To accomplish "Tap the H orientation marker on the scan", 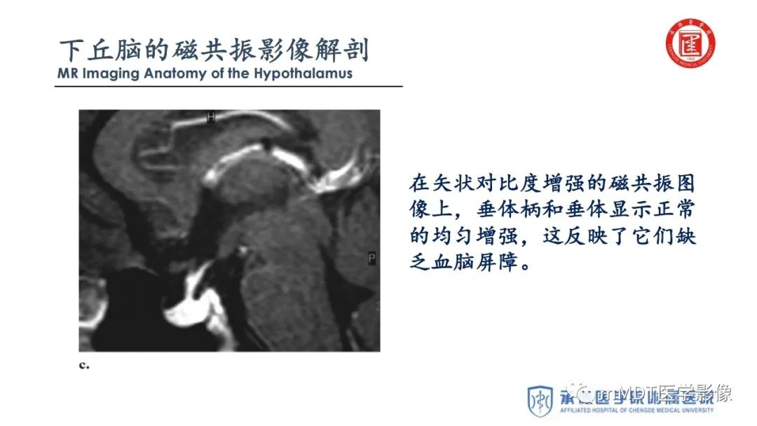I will coord(210,118).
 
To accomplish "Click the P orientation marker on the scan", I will coord(371,259).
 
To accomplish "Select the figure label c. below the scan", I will coord(85,364).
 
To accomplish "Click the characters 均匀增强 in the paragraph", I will coord(475,237).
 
